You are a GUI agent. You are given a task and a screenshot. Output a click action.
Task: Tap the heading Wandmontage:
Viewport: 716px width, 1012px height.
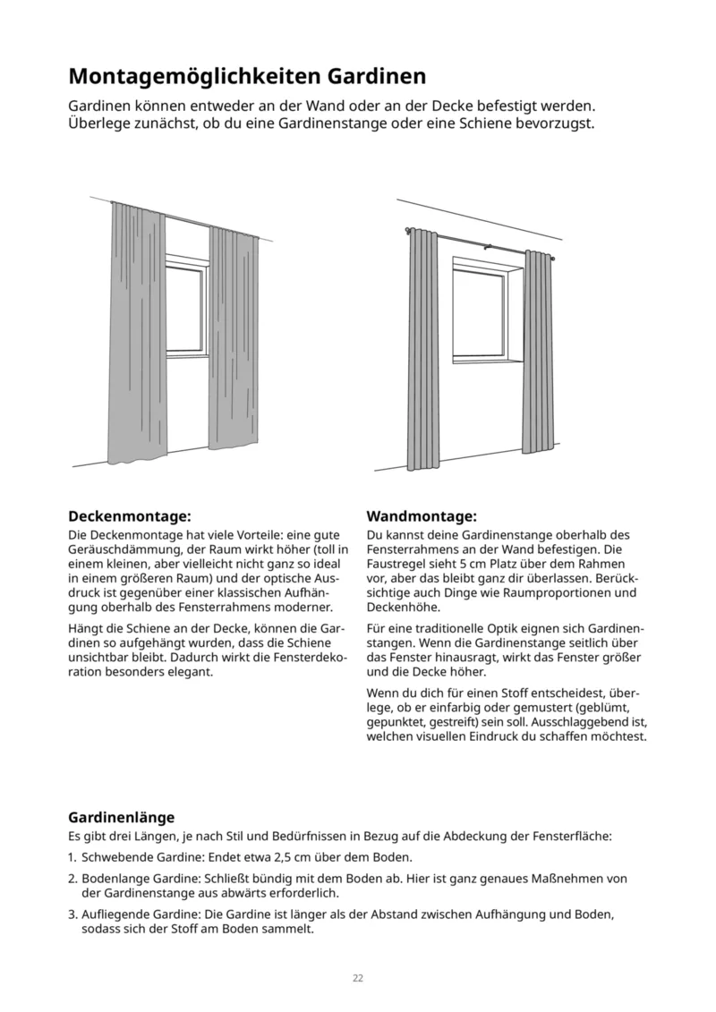(x=421, y=516)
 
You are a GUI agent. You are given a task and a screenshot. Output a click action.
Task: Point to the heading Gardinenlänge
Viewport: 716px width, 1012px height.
(x=121, y=817)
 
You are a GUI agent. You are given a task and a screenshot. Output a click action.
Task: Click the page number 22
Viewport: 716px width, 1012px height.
(x=358, y=978)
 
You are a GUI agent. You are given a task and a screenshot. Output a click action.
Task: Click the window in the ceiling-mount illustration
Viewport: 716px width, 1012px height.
(x=186, y=309)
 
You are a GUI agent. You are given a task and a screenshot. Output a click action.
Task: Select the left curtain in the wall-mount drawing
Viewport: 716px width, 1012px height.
(x=421, y=349)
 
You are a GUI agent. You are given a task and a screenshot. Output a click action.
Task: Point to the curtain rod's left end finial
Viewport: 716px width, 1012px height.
(x=407, y=230)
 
